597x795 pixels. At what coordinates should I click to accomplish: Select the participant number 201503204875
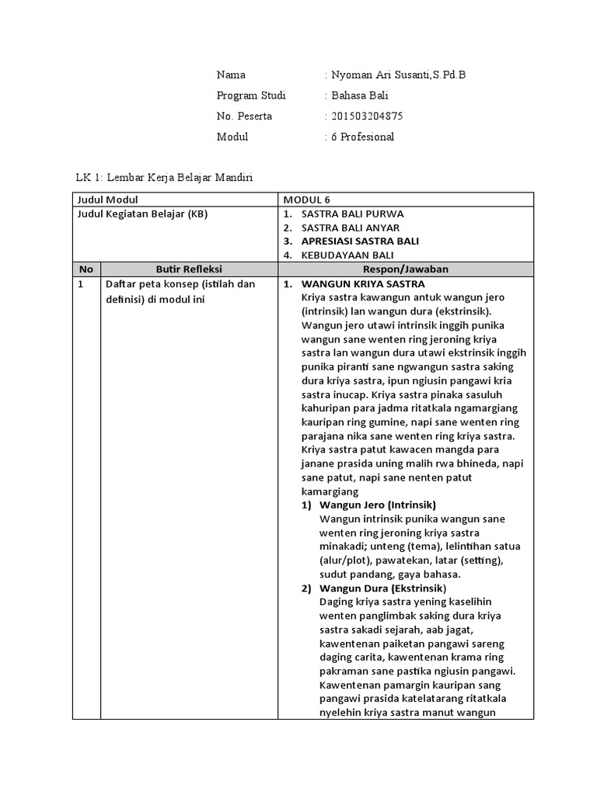point(366,116)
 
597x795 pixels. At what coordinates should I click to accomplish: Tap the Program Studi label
point(251,95)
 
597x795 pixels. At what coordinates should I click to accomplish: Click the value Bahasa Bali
point(359,95)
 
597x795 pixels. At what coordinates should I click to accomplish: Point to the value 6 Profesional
point(362,137)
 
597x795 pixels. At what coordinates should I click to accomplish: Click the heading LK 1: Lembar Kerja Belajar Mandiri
point(164,178)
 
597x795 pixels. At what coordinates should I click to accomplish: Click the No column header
point(86,269)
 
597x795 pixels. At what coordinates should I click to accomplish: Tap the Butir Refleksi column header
point(189,269)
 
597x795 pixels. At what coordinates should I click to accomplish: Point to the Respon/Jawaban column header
point(406,269)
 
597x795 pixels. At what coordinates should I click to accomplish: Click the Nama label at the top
point(231,75)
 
